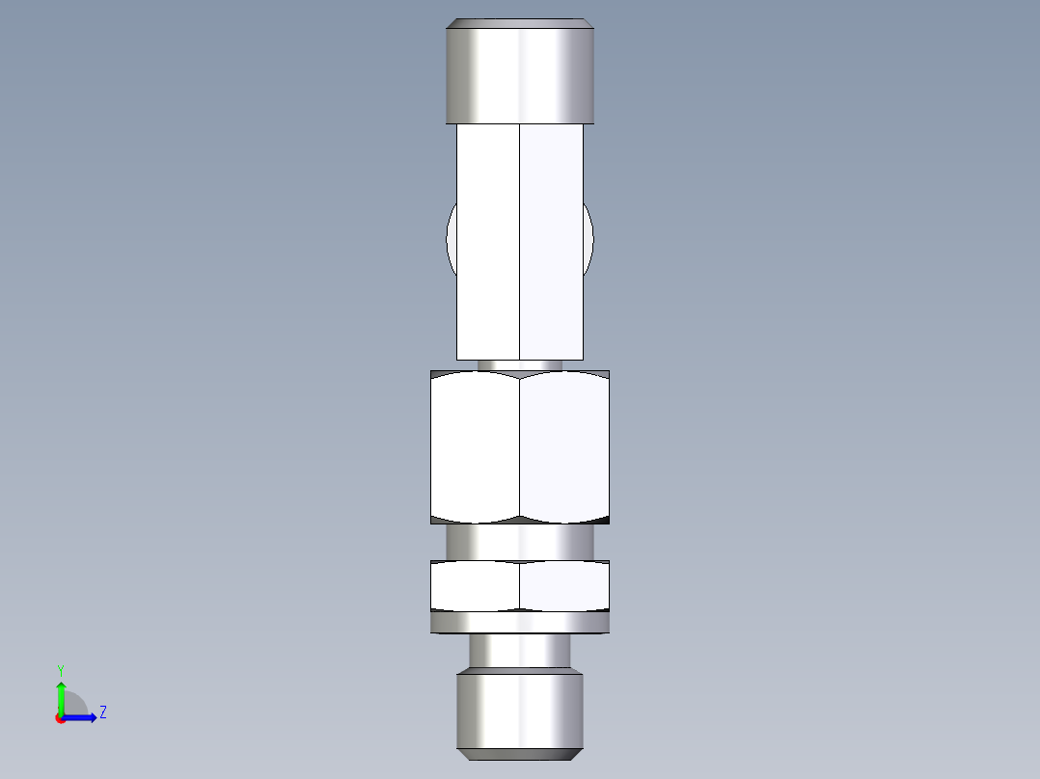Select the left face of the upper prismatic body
pos(488,241)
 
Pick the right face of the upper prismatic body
pos(552,241)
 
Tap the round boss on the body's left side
pos(452,239)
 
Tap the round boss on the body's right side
pos(588,239)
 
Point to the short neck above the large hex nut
pos(519,365)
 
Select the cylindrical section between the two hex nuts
pos(519,541)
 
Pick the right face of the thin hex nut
pos(564,585)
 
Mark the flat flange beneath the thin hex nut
pos(519,624)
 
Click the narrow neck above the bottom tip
pos(519,651)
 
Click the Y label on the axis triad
pos(60,669)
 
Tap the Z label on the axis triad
pos(102,712)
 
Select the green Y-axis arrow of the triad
pos(61,696)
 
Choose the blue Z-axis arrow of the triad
pos(83,717)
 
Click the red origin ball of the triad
pos(60,718)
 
